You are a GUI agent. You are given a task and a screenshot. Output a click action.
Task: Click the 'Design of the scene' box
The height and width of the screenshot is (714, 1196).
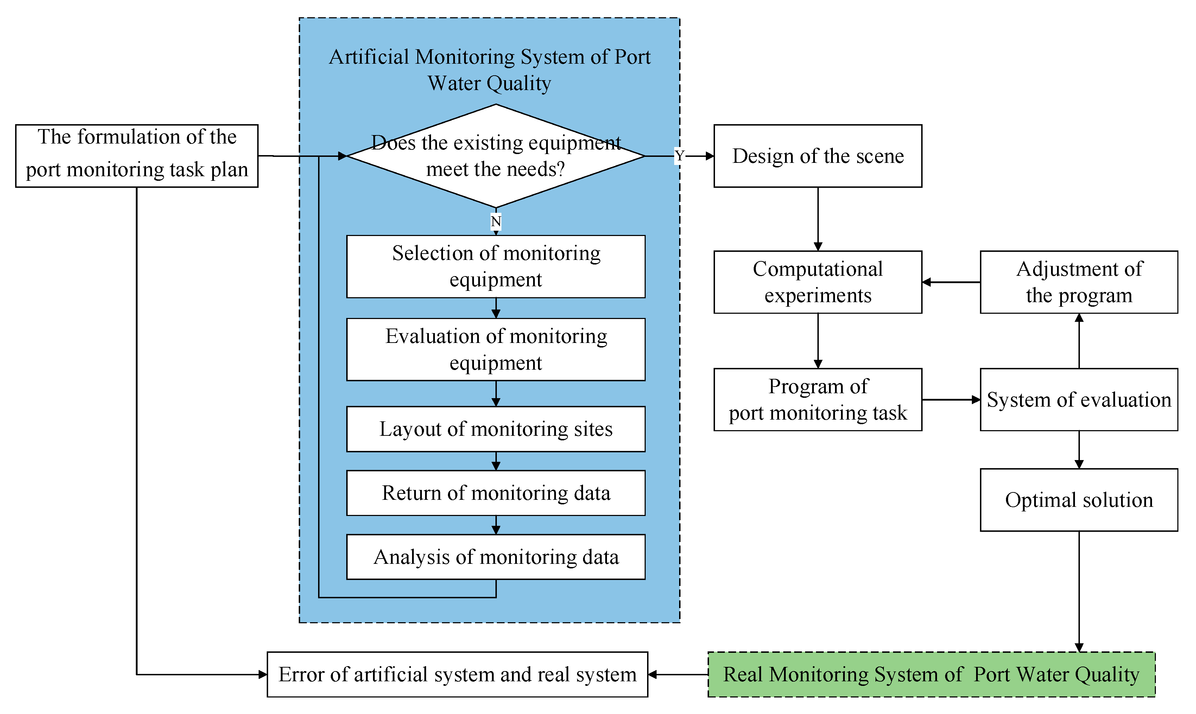[817, 156]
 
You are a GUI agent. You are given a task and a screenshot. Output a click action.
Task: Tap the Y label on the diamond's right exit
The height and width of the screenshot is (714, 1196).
[679, 156]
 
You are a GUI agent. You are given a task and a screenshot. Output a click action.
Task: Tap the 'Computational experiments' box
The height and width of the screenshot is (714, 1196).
[817, 282]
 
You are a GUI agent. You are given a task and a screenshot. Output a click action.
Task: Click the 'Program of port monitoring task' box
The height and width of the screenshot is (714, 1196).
[817, 399]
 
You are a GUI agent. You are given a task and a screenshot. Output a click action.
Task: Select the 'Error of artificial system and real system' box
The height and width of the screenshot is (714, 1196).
[457, 674]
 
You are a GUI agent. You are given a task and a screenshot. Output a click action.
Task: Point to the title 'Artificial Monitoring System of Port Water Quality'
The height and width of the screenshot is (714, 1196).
[489, 70]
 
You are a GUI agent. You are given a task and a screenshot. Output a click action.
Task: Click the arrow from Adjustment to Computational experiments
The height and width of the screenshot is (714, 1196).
[950, 282]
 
